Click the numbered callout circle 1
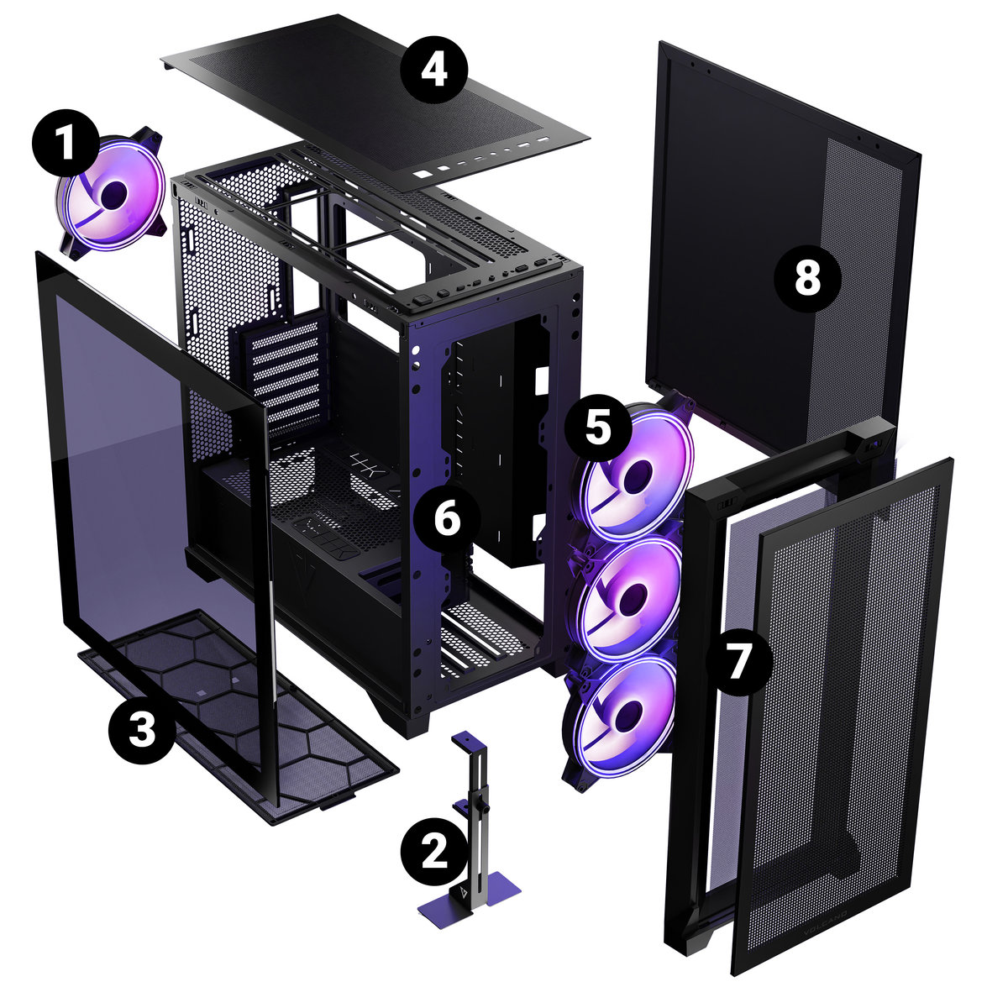coord(66,143)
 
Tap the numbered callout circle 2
coord(434,852)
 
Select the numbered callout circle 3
coord(142,730)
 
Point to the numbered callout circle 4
coord(434,70)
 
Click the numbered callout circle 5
coord(598,428)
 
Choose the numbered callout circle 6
coord(447,519)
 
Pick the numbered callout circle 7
coord(738,662)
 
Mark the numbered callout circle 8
coord(807,279)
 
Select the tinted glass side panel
coord(157,523)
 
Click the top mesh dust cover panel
coord(375,101)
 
